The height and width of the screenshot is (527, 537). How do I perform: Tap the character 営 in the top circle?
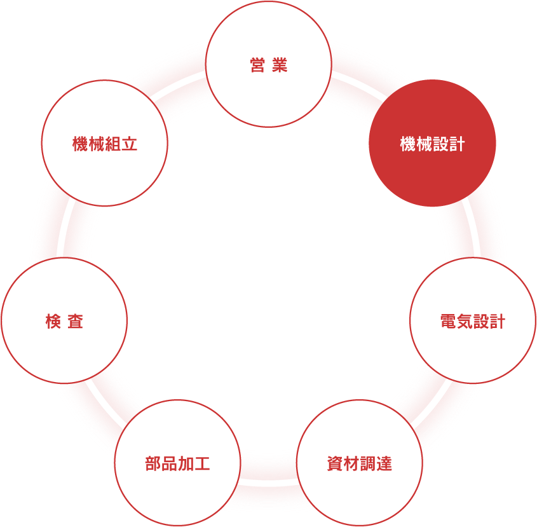257,65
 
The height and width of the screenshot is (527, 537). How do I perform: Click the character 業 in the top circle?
280,65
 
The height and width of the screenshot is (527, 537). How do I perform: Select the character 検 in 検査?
53,322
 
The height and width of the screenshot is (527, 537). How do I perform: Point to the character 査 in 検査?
76,322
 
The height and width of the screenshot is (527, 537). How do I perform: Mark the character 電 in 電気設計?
448,322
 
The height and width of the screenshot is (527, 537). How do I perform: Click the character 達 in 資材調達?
384,464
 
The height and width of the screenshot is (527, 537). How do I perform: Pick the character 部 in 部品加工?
153,464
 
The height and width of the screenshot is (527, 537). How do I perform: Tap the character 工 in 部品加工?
202,464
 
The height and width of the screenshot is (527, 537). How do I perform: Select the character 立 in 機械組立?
130,144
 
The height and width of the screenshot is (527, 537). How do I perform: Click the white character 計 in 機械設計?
457,144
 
